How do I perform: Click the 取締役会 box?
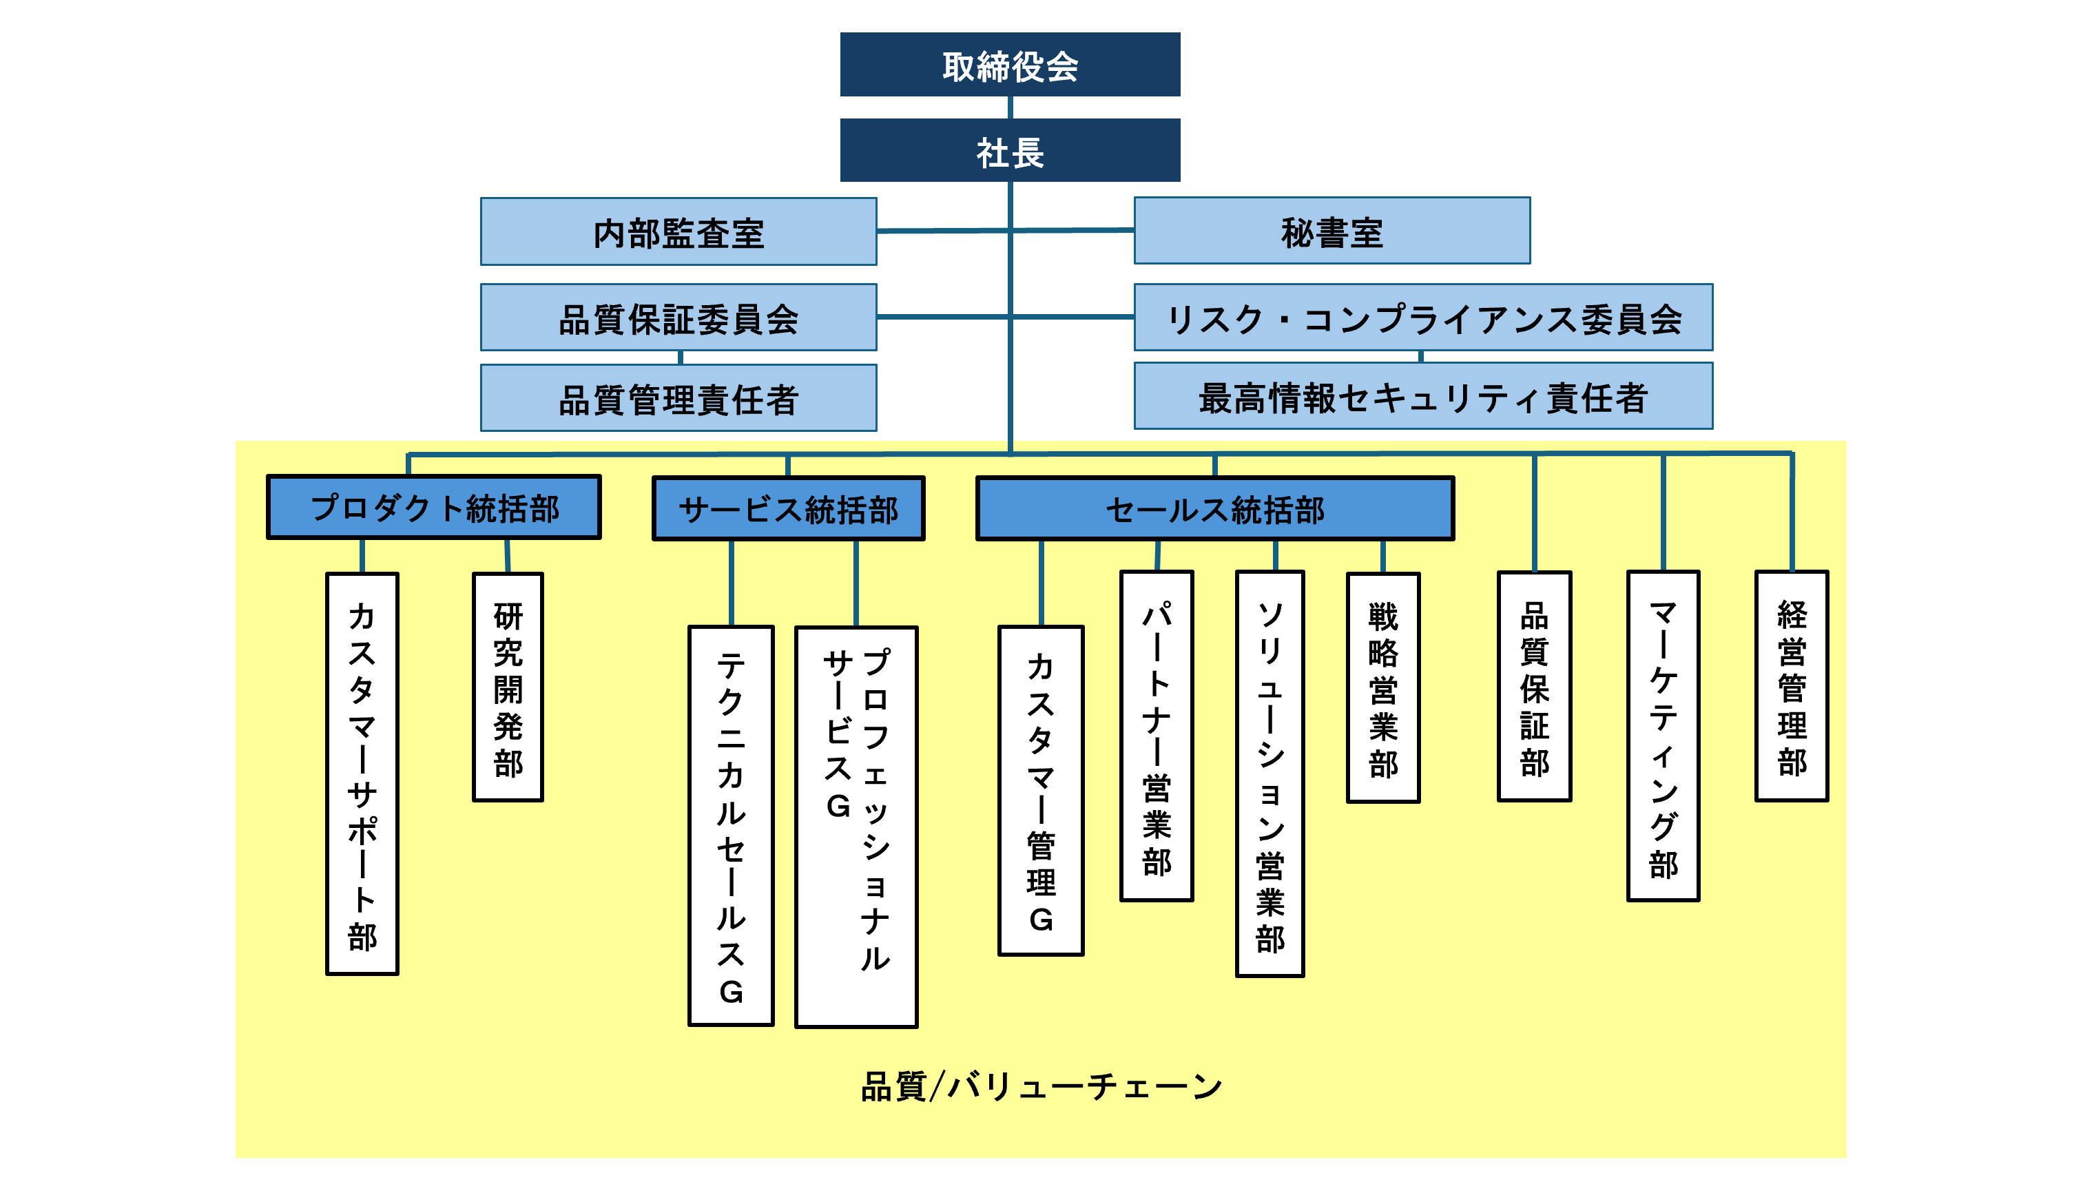(x=1010, y=65)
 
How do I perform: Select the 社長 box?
(x=1010, y=151)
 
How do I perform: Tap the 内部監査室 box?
(x=678, y=232)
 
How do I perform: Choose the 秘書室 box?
(x=1331, y=231)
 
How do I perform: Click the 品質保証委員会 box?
(x=678, y=318)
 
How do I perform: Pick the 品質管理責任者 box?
(x=678, y=398)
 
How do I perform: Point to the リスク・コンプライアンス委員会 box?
(x=1422, y=318)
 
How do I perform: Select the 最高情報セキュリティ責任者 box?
(x=1422, y=397)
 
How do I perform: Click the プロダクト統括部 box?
(x=434, y=507)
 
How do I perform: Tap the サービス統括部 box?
(x=788, y=509)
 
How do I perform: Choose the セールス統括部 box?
(x=1214, y=509)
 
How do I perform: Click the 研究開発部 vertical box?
(x=508, y=687)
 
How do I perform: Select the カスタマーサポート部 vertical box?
(x=362, y=774)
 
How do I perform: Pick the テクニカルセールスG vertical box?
(x=731, y=826)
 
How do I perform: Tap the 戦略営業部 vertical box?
(x=1383, y=687)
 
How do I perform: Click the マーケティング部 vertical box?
(x=1663, y=736)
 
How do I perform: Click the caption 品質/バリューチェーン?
(x=1041, y=1086)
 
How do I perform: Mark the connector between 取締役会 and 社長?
(x=1010, y=107)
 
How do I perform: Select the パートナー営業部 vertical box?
(x=1157, y=736)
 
